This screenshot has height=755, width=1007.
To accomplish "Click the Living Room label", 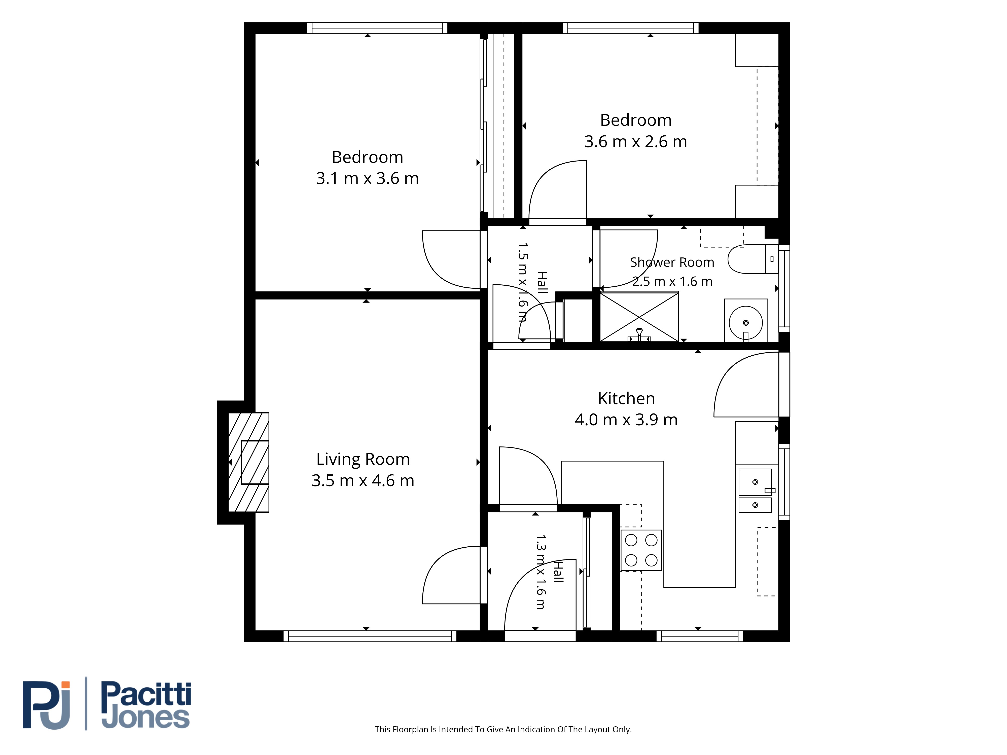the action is pos(363,459).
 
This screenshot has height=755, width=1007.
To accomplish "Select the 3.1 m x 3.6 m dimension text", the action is pos(367,178).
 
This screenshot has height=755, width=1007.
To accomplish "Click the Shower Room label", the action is pos(672,262).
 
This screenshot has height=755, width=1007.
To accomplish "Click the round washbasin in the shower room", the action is pos(746,323).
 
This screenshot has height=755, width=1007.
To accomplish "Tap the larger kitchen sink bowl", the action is pos(755,482).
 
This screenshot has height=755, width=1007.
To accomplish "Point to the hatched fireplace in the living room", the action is pos(248,462).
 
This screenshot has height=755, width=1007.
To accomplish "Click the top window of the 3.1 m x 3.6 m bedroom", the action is pos(377,28).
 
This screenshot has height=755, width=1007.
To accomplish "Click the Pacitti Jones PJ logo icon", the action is pos(46,705).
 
